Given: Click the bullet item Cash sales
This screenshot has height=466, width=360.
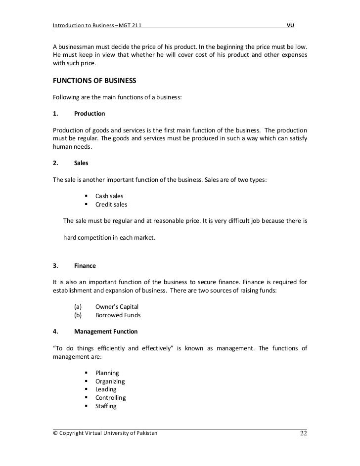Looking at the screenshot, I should [x=109, y=196].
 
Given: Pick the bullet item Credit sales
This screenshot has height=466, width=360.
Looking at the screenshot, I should [x=111, y=204].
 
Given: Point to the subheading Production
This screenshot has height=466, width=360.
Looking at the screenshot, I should [x=89, y=114].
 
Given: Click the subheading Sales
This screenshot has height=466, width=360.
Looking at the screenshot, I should [x=81, y=162].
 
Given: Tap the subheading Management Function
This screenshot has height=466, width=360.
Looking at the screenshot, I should [x=106, y=331].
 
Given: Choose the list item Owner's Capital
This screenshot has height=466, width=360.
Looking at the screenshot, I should [x=118, y=306].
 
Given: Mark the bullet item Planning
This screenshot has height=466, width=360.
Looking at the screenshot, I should [x=107, y=373].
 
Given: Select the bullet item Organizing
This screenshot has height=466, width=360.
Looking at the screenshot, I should [x=110, y=381].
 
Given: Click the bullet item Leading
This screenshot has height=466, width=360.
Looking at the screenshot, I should [x=106, y=389].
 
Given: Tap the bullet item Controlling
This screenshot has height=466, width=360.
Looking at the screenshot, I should [x=110, y=398].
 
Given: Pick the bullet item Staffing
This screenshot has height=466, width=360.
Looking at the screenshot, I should [x=106, y=406].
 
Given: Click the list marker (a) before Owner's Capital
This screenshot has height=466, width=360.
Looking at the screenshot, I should [x=77, y=306].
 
